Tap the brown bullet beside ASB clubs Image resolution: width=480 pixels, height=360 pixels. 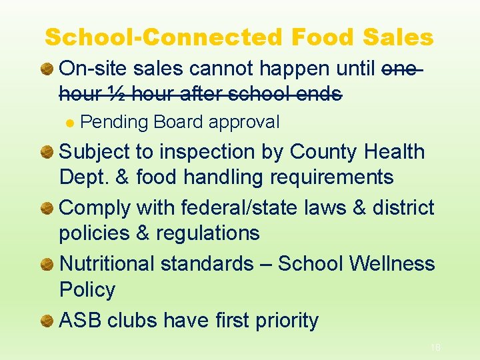(47, 321)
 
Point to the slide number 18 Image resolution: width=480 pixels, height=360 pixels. (435, 347)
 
